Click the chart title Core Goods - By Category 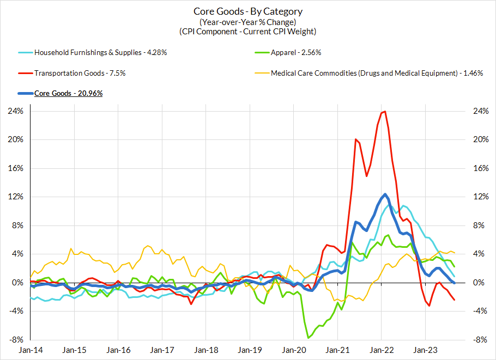[248, 11]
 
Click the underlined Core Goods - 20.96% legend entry [68, 93]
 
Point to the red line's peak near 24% [385, 112]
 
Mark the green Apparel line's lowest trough [308, 338]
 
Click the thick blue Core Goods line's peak [385, 194]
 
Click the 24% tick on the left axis [14, 111]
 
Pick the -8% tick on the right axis [480, 340]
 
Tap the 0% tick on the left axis [16, 283]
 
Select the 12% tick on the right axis [480, 197]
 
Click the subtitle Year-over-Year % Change [248, 22]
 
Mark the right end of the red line [455, 300]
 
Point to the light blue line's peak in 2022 [403, 206]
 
